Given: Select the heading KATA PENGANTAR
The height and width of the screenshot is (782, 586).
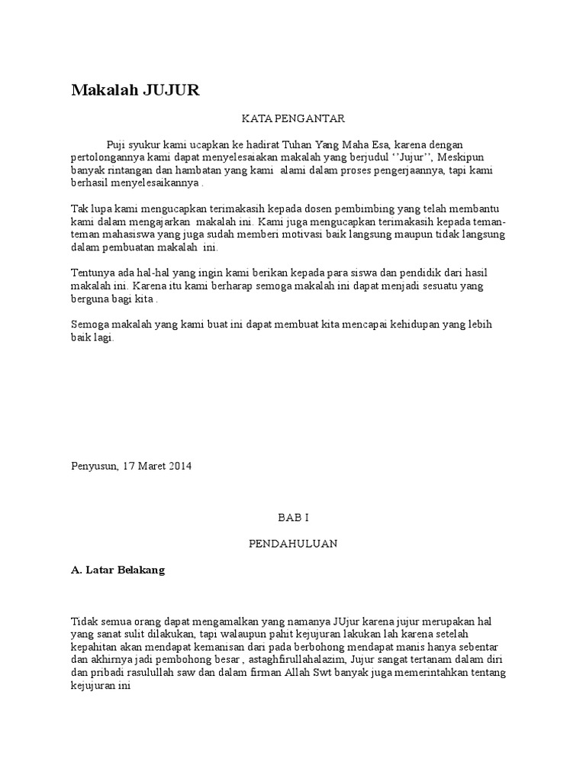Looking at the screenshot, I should [x=294, y=118].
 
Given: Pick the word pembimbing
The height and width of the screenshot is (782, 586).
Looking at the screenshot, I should [x=394, y=209].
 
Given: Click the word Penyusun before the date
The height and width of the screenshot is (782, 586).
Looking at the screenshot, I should [x=94, y=467].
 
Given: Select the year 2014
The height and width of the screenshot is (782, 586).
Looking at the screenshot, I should [x=181, y=467].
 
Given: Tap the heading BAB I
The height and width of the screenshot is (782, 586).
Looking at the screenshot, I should [x=293, y=518].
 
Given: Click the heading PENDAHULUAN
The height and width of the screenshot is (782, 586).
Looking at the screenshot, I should [x=293, y=544].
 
